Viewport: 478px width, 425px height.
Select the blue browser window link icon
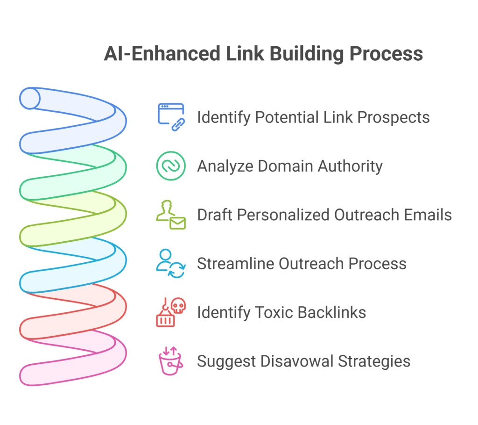tap(171, 117)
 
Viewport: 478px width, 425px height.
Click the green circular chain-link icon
tap(171, 166)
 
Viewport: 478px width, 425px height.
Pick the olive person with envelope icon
tap(171, 215)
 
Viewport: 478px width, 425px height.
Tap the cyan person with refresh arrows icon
tap(171, 263)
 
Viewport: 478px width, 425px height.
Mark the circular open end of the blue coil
tap(30, 98)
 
